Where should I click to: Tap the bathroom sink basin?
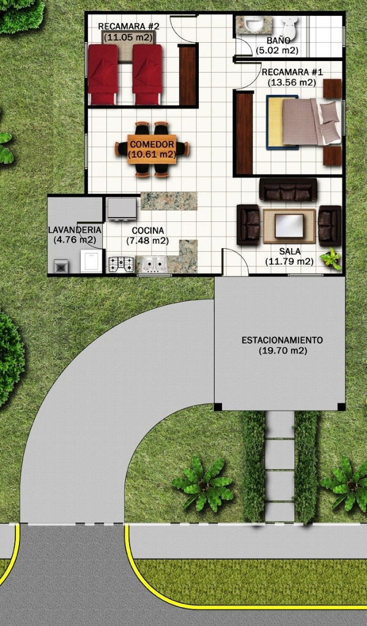pyautogui.click(x=253, y=24)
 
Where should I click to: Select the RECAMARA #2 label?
pyautogui.click(x=128, y=26)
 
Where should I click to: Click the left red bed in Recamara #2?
pyautogui.click(x=103, y=74)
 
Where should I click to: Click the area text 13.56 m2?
pyautogui.click(x=292, y=83)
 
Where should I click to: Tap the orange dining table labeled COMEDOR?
pyautogui.click(x=152, y=149)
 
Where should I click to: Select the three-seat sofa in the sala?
pyautogui.click(x=288, y=190)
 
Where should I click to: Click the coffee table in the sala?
pyautogui.click(x=289, y=226)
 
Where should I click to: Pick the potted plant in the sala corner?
pyautogui.click(x=331, y=259)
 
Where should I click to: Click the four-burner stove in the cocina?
pyautogui.click(x=121, y=264)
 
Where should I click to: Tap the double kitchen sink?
pyautogui.click(x=152, y=264)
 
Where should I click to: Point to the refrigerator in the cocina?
pyautogui.click(x=122, y=209)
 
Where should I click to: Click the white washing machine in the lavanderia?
pyautogui.click(x=91, y=261)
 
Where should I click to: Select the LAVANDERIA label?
pyautogui.click(x=74, y=230)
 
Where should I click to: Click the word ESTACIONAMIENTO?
pyautogui.click(x=283, y=341)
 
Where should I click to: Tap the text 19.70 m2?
pyautogui.click(x=283, y=351)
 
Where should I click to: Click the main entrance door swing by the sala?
pyautogui.click(x=235, y=262)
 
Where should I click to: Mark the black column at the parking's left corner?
pyautogui.click(x=218, y=407)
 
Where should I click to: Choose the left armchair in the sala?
pyautogui.click(x=248, y=225)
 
